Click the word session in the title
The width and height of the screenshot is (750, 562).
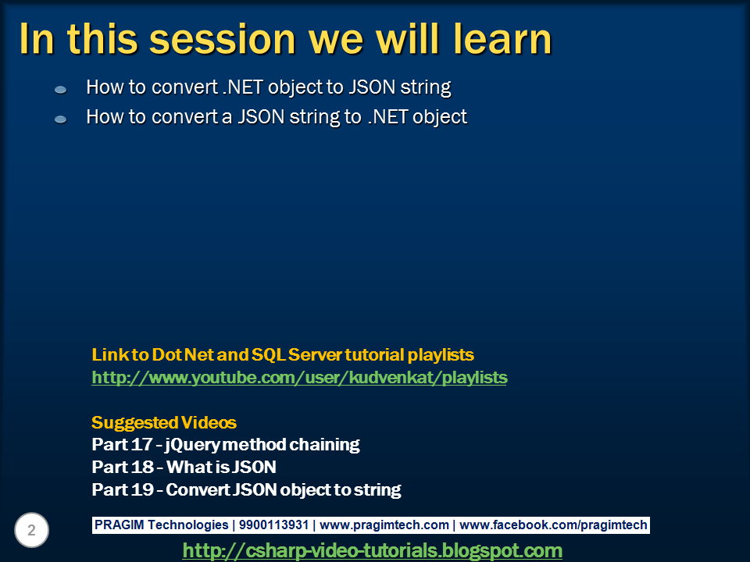coord(223,40)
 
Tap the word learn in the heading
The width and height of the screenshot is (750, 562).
coord(502,39)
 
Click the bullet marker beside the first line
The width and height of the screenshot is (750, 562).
coord(61,89)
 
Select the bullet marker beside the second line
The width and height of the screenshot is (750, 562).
coord(61,119)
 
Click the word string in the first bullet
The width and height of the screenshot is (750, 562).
coord(426,88)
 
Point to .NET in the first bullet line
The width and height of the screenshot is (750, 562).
coord(242,87)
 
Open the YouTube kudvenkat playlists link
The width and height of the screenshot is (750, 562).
coord(299,378)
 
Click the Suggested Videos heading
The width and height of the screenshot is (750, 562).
coord(164,422)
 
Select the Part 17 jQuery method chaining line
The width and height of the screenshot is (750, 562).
coord(225,445)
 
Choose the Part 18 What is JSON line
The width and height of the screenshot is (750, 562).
coord(184,467)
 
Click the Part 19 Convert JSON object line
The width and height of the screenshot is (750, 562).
coord(246,490)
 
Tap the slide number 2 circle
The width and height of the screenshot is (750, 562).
coord(31,530)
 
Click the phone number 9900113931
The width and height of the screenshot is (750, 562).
coord(273,525)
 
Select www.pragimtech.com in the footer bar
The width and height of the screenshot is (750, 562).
coord(384,525)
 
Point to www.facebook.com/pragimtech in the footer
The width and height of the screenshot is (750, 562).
coord(553,525)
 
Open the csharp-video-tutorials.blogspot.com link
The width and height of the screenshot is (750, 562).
coord(372,550)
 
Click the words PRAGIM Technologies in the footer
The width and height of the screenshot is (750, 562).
coord(161,525)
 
